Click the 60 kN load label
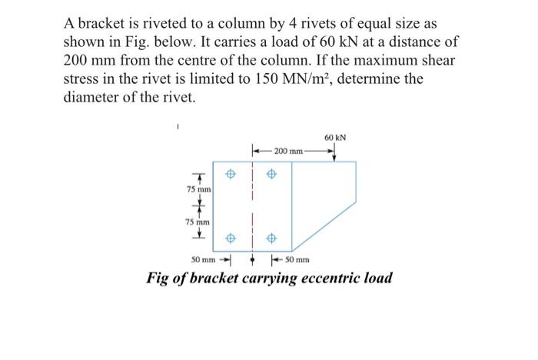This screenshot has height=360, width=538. [335, 138]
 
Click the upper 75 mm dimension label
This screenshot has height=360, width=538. [199, 189]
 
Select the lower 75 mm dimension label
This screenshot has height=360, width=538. [199, 222]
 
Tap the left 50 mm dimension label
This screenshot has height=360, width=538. [204, 260]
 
